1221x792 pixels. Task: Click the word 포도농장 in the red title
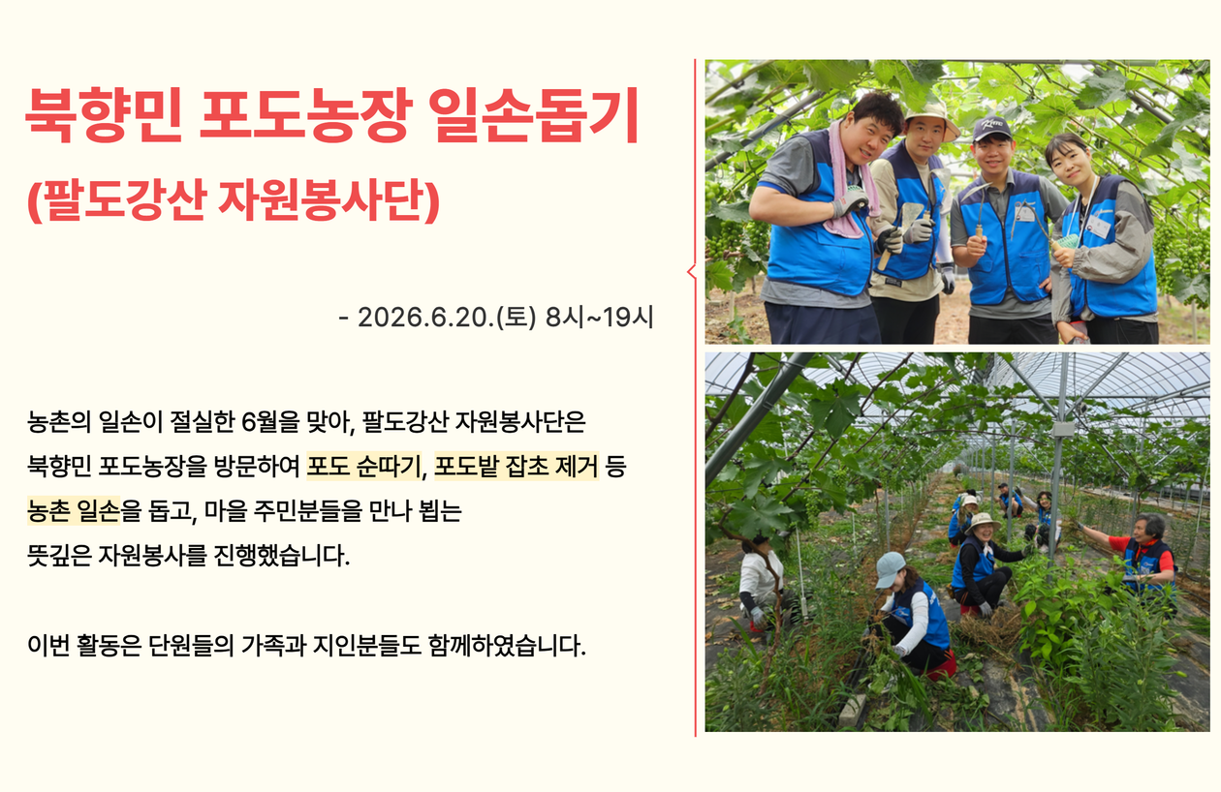(305, 115)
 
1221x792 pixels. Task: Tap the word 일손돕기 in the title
(534, 115)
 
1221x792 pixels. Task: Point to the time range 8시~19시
(599, 318)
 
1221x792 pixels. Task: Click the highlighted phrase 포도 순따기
(364, 467)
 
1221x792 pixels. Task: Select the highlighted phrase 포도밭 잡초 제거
(517, 467)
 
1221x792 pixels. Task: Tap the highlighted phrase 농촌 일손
(74, 511)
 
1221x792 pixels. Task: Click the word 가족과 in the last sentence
(273, 646)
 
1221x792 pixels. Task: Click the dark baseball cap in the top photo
(991, 129)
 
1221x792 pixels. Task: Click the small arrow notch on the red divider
(692, 271)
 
